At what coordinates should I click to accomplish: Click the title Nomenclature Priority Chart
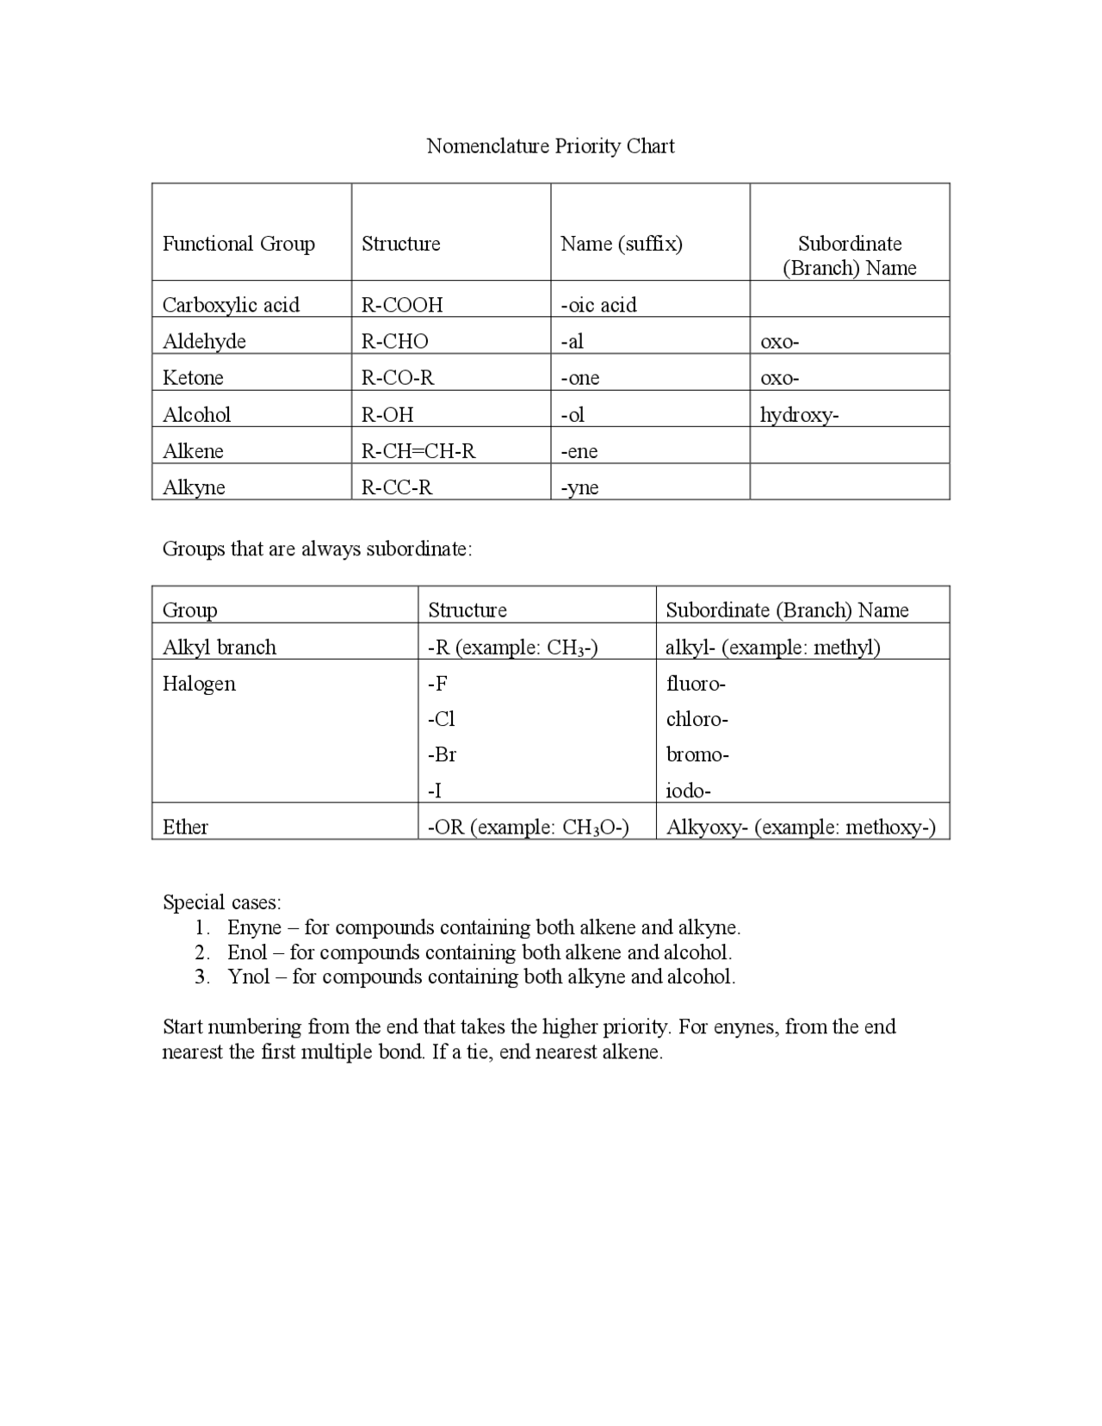pyautogui.click(x=550, y=146)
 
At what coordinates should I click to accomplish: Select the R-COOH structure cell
pyautogui.click(x=402, y=305)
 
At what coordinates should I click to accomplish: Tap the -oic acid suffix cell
pyautogui.click(x=598, y=305)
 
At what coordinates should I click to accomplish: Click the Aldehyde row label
pyautogui.click(x=204, y=342)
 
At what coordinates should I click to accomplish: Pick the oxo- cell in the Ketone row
pyautogui.click(x=779, y=378)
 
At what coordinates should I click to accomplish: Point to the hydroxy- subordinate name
pyautogui.click(x=799, y=415)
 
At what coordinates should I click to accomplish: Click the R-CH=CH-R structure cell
pyautogui.click(x=418, y=451)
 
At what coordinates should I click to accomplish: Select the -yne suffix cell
pyautogui.click(x=579, y=487)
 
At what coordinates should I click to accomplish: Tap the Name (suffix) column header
pyautogui.click(x=621, y=244)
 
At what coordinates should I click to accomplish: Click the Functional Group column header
pyautogui.click(x=238, y=244)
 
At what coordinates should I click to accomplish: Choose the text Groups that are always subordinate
pyautogui.click(x=317, y=549)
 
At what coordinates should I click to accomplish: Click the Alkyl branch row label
pyautogui.click(x=220, y=648)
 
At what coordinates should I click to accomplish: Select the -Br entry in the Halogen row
pyautogui.click(x=442, y=755)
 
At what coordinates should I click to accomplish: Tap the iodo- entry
pyautogui.click(x=688, y=790)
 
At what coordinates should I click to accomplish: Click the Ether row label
pyautogui.click(x=185, y=828)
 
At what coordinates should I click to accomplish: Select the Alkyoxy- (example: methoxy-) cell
pyautogui.click(x=801, y=828)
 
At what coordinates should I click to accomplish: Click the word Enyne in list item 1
pyautogui.click(x=254, y=927)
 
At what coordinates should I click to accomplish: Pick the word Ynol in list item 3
pyautogui.click(x=248, y=976)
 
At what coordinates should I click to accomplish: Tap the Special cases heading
pyautogui.click(x=221, y=902)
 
